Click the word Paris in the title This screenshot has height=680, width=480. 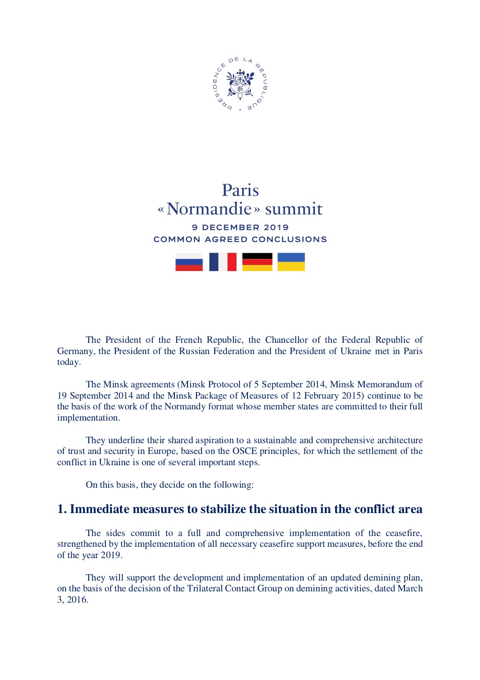pos(240,190)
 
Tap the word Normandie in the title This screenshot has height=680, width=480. pos(209,209)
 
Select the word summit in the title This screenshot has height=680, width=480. pos(294,209)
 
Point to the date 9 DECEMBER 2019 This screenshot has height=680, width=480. pos(240,227)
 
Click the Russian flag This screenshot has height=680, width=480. pos(189,262)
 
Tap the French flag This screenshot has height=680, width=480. pos(223,262)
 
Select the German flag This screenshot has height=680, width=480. pos(257,262)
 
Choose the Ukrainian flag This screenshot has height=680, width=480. pos(291,262)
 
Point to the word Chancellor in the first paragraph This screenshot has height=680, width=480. pos(286,340)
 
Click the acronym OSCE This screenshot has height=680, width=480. pos(245,451)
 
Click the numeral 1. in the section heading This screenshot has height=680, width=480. pos(62,509)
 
